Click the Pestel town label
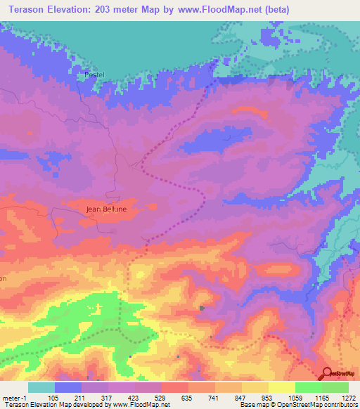tap(94, 74)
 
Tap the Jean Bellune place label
tap(105, 209)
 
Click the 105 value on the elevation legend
tap(53, 397)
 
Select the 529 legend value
tap(161, 397)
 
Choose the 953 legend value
tap(268, 397)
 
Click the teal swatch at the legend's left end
tap(41, 387)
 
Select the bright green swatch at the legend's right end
tap(335, 387)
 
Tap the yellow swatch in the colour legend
tap(281, 387)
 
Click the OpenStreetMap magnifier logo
tap(328, 372)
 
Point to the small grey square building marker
tap(202, 308)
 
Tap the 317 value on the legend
tap(107, 397)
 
